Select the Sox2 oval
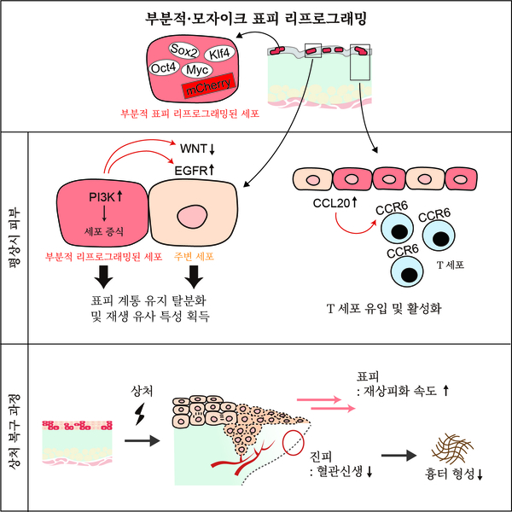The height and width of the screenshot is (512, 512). tap(184, 49)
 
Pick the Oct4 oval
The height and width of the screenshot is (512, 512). tap(164, 67)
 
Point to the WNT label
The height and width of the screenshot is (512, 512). tap(195, 148)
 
